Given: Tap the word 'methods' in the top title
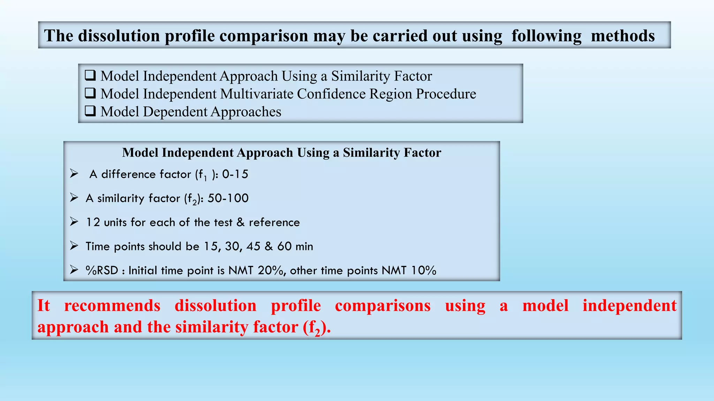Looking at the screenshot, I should pos(623,36).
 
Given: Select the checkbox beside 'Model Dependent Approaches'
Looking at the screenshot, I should pos(90,111).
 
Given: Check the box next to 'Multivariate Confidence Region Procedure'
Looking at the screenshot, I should pos(90,93).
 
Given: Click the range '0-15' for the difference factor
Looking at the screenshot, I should pos(235,174).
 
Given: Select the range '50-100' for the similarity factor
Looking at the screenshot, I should pos(228,198).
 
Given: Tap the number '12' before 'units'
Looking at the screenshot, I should pos(93,222).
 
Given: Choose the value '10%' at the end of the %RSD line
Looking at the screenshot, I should pos(423,270).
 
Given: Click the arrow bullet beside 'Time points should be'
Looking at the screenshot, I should pos(74,246).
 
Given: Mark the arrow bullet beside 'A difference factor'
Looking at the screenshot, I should pos(74,173).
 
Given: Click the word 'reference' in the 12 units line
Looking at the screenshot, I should pos(274,222).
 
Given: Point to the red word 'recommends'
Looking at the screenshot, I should pos(112,306).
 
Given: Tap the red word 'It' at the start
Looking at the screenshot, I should pos(44,306).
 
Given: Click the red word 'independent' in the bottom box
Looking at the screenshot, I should pos(630,306).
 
